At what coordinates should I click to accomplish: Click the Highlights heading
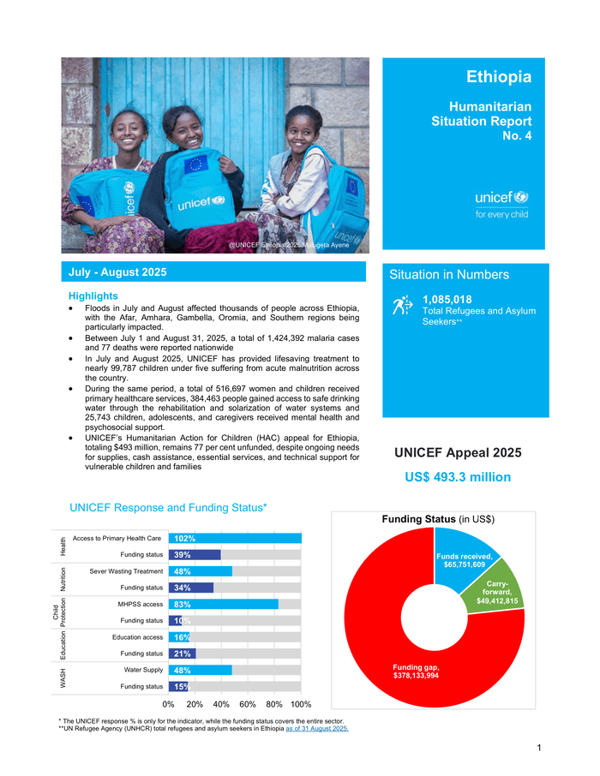pos(93,295)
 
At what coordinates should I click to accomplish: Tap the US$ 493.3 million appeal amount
pos(458,477)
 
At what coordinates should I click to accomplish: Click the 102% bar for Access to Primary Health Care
pos(235,539)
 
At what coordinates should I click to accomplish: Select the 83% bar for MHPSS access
pos(223,604)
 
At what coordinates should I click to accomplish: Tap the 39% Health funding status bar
pos(195,555)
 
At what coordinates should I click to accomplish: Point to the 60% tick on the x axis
pos(248,704)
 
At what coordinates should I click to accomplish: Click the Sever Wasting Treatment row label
pos(125,571)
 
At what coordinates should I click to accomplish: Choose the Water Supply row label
pos(143,670)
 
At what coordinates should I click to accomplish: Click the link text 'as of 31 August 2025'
pos(316,729)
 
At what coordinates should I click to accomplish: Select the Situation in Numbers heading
pos(449,275)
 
